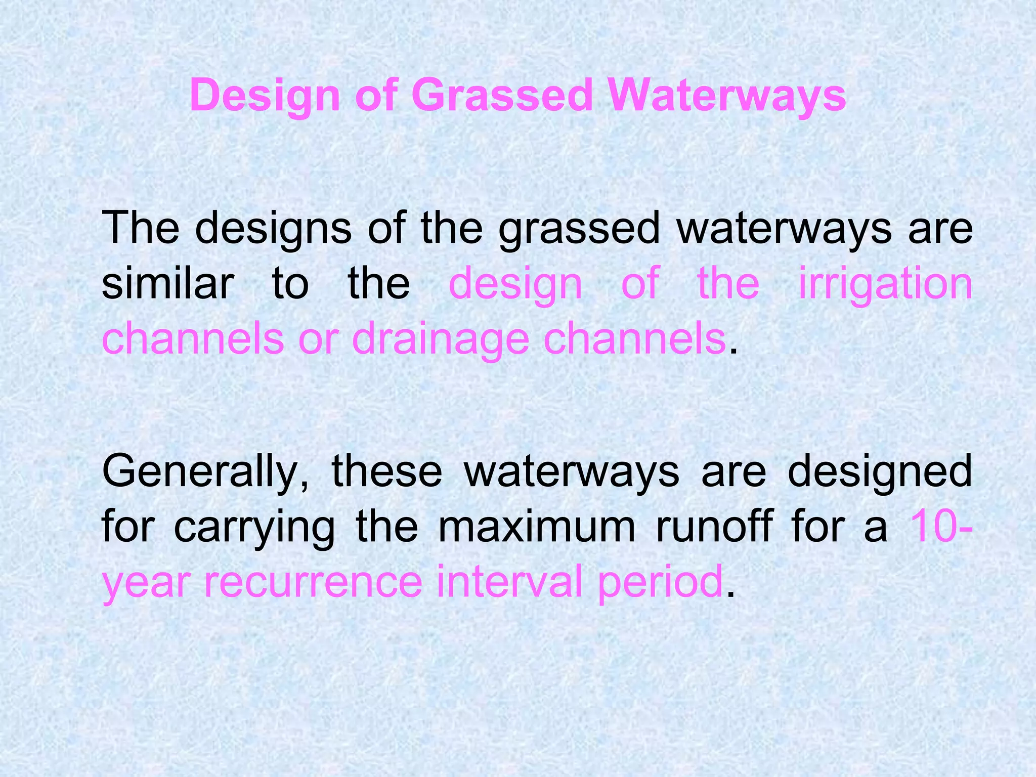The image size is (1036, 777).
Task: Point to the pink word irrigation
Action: pyautogui.click(x=885, y=283)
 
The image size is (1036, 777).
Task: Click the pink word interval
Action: pyautogui.click(x=509, y=582)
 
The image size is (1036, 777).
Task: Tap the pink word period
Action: pyautogui.click(x=660, y=582)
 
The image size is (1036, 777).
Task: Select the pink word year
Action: pyautogui.click(x=146, y=582)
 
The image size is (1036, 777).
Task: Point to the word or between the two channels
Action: pyautogui.click(x=317, y=339)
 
